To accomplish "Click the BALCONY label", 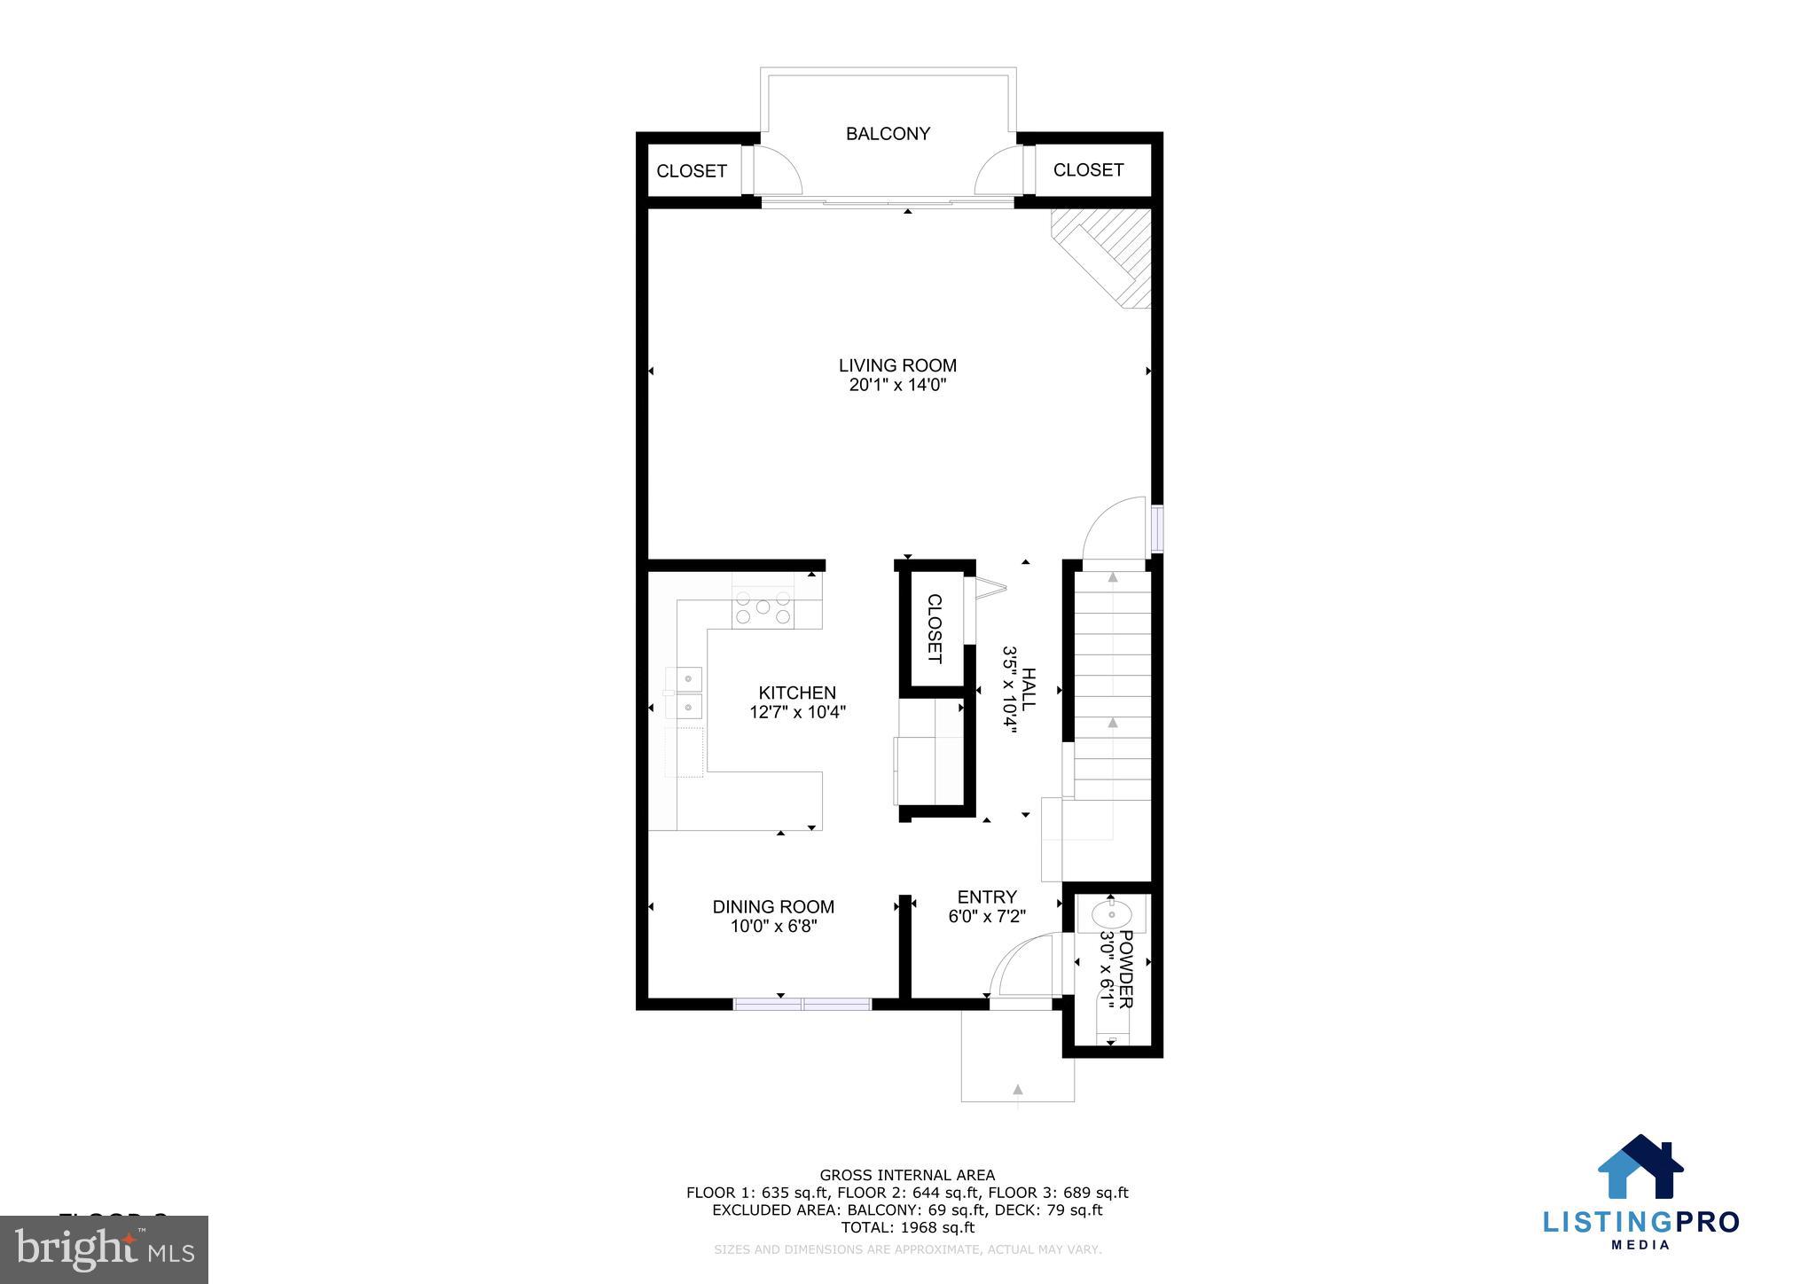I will point(888,134).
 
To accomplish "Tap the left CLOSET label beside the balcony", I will point(692,171).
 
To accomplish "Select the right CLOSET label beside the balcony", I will point(1088,169).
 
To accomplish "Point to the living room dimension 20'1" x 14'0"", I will point(897,386).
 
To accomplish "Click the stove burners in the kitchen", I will point(763,608).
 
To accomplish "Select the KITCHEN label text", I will point(797,693).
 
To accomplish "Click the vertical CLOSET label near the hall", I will point(934,629).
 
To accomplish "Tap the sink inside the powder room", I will point(1110,912).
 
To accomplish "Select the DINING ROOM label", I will point(773,906).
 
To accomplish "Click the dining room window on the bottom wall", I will point(802,1004).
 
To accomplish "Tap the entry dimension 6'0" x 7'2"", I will point(987,917).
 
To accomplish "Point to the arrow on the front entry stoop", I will point(1018,1088).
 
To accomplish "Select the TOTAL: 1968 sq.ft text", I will point(907,1228).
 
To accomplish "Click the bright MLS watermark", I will point(105,1249).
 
